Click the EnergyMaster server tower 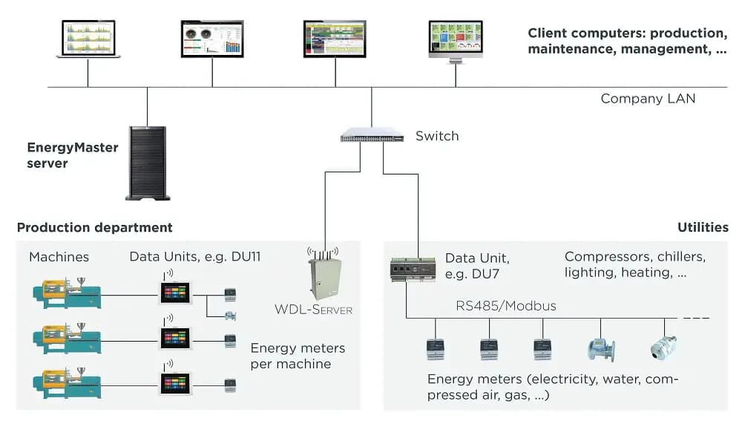pyautogui.click(x=147, y=163)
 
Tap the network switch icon pyautogui.click(x=372, y=135)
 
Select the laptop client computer pyautogui.click(x=88, y=39)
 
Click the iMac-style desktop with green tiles pyautogui.click(x=456, y=42)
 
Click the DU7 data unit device pyautogui.click(x=413, y=270)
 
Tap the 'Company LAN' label pyautogui.click(x=648, y=99)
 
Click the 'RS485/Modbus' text pyautogui.click(x=506, y=306)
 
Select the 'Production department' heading pyautogui.click(x=95, y=228)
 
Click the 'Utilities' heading pyautogui.click(x=703, y=228)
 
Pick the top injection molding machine pyautogui.click(x=67, y=293)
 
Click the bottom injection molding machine pyautogui.click(x=67, y=383)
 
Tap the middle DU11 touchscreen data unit pyautogui.click(x=175, y=338)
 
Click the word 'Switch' pyautogui.click(x=437, y=136)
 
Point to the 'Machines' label pyautogui.click(x=59, y=257)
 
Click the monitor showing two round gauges pyautogui.click(x=212, y=39)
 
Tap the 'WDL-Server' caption pyautogui.click(x=313, y=310)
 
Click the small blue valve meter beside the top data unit pyautogui.click(x=231, y=316)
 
